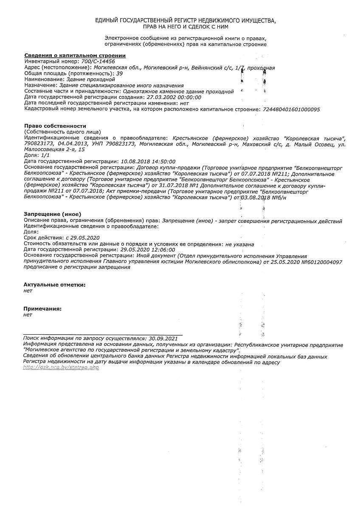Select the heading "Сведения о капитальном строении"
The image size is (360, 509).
pyautogui.click(x=75, y=56)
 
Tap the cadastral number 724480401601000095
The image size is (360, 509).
pyautogui.click(x=292, y=109)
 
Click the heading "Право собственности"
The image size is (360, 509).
pyautogui.click(x=55, y=126)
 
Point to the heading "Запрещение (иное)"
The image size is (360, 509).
pyautogui.click(x=52, y=214)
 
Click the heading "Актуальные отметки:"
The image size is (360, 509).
pyautogui.click(x=54, y=285)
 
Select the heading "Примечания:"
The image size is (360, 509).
pyautogui.click(x=42, y=309)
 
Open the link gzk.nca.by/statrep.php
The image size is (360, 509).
pyautogui.click(x=61, y=367)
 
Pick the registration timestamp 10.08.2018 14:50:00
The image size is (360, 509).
pyautogui.click(x=148, y=162)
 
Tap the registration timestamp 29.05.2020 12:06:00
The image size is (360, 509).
pyautogui.click(x=148, y=250)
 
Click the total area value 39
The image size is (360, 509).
pyautogui.click(x=120, y=73)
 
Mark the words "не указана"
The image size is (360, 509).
pyautogui.click(x=240, y=244)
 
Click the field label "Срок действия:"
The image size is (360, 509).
pyautogui.click(x=44, y=238)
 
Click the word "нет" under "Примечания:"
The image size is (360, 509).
pyautogui.click(x=28, y=315)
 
